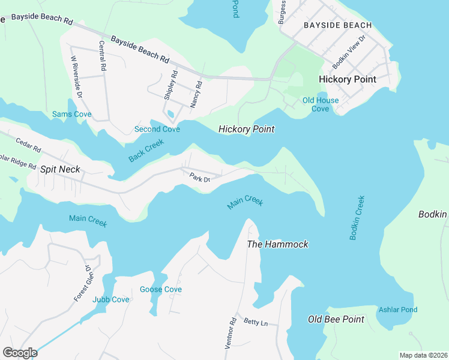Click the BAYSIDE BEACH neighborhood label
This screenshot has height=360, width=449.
click(337, 25)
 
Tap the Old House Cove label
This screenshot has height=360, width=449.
click(320, 104)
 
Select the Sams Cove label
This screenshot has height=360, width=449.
click(71, 114)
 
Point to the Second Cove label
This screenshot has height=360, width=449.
click(156, 129)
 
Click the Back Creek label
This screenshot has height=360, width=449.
click(145, 151)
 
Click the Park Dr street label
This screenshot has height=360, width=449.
click(199, 178)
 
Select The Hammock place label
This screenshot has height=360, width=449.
click(278, 244)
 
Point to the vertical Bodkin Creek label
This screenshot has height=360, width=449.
click(357, 217)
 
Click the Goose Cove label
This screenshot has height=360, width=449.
click(160, 289)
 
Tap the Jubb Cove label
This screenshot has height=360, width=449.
click(110, 299)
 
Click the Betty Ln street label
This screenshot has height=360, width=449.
click(256, 322)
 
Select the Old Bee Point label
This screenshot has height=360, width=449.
click(336, 319)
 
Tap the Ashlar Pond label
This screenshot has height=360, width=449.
click(397, 310)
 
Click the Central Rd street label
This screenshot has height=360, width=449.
click(103, 57)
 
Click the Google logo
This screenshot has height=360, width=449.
click(20, 353)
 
